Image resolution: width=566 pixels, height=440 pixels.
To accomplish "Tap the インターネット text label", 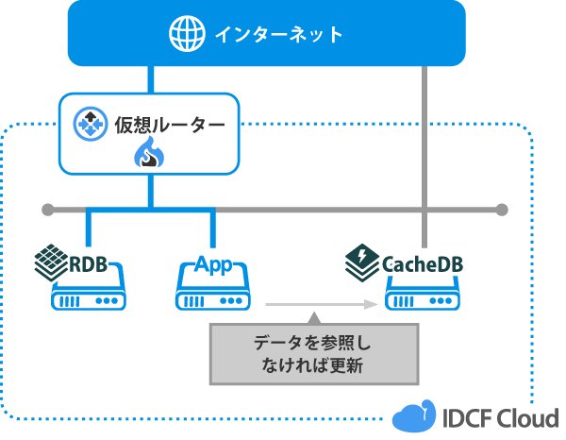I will pyautogui.click(x=278, y=35).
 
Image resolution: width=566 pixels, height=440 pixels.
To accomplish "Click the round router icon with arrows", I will pyautogui.click(x=92, y=123).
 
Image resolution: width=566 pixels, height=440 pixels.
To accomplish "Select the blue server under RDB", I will pyautogui.click(x=90, y=292).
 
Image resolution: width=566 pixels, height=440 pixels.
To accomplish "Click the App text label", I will pyautogui.click(x=213, y=262).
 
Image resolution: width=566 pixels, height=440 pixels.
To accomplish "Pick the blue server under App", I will pyautogui.click(x=213, y=292).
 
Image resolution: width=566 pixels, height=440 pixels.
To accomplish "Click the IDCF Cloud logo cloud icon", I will pyautogui.click(x=412, y=416).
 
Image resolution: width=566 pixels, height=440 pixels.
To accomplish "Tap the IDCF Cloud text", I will pyautogui.click(x=497, y=416).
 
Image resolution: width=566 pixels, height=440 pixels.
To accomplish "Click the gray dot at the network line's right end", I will pyautogui.click(x=502, y=209).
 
